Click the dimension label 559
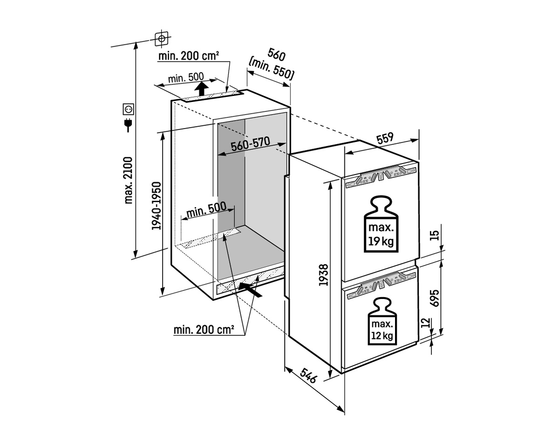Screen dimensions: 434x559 click(x=386, y=138)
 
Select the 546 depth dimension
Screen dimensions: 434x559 click(x=308, y=376)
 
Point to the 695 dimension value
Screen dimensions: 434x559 click(x=435, y=298)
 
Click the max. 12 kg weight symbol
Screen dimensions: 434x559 click(x=382, y=322)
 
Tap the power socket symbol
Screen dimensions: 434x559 click(x=128, y=109)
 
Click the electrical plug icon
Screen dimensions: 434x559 click(x=128, y=124)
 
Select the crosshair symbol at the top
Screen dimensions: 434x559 click(x=161, y=38)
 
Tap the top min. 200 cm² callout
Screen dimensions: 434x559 click(x=189, y=56)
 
